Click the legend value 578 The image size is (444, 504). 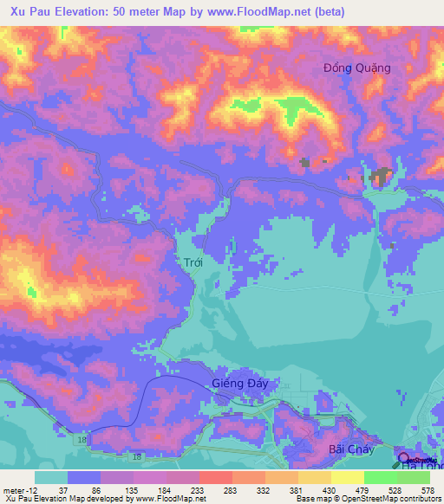(426, 489)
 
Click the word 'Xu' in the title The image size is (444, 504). (13, 11)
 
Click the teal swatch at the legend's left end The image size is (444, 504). (50, 477)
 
